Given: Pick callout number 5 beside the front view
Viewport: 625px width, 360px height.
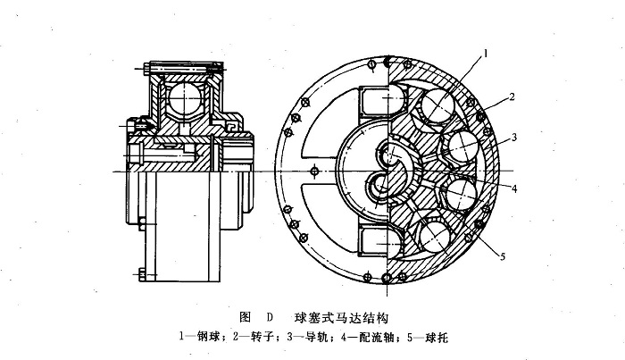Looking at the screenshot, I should pyautogui.click(x=503, y=258).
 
